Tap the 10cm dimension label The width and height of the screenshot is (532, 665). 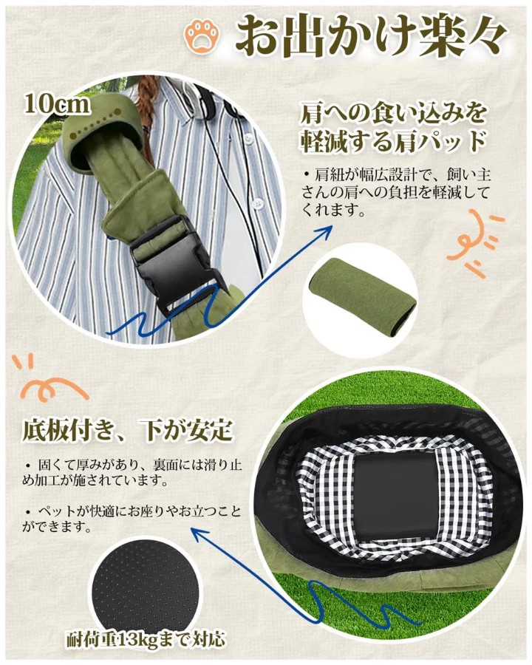coord(58,104)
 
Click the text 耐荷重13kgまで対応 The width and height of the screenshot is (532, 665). coord(146,639)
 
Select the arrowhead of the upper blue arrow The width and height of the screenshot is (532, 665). coord(326,231)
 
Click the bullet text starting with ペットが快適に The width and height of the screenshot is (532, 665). coord(132,518)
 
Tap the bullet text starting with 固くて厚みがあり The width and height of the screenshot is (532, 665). coord(132,472)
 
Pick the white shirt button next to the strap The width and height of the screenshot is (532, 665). coord(256,205)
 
